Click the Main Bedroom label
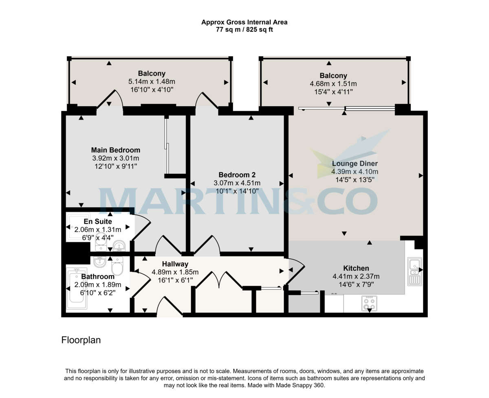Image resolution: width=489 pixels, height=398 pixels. click(115, 150)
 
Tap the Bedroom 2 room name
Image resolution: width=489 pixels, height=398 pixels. click(237, 175)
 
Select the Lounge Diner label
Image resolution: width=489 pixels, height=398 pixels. click(355, 164)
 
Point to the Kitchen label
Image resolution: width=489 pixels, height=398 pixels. click(356, 268)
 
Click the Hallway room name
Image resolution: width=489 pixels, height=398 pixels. click(175, 264)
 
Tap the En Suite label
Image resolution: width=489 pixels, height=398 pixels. click(98, 221)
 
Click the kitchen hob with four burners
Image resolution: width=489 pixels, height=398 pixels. click(369, 303)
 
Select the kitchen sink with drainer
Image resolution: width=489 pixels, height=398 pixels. click(414, 271)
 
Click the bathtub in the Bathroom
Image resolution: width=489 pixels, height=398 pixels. click(77, 289)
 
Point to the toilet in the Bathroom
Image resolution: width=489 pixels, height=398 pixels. click(117, 266)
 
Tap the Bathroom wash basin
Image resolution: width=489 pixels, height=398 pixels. click(100, 262)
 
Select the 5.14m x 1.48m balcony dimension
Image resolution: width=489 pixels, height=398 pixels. click(152, 82)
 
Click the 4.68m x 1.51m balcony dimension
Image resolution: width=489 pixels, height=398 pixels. click(333, 84)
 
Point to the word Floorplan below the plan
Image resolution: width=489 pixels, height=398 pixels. click(81, 340)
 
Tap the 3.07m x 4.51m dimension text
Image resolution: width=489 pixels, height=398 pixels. click(237, 183)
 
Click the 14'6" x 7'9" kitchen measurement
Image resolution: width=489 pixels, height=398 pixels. click(356, 284)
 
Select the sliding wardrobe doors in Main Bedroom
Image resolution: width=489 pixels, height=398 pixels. click(167, 145)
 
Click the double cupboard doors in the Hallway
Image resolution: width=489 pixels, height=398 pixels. click(219, 280)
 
